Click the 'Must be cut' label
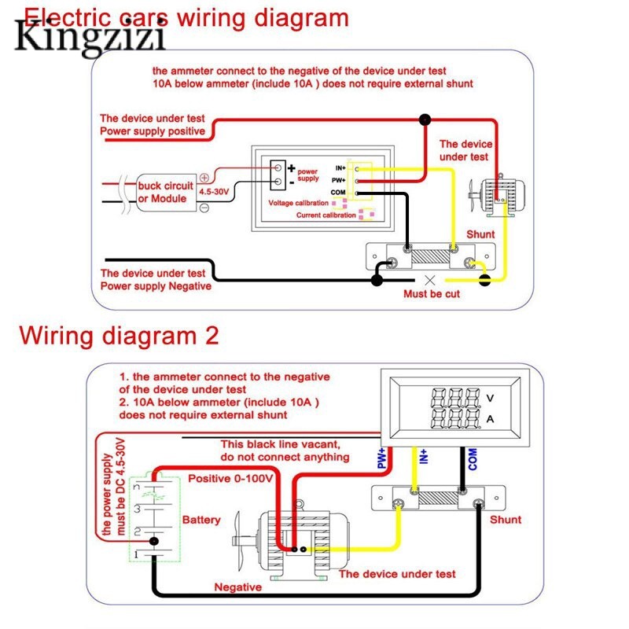tap(432, 294)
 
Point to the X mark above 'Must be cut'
tap(429, 279)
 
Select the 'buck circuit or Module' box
tap(165, 192)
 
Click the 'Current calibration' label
tap(326, 215)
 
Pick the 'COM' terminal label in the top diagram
tap(339, 193)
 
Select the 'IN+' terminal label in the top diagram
tap(340, 168)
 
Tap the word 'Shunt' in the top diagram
tap(480, 235)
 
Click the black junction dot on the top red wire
tap(425, 120)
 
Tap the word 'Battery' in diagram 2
tap(201, 520)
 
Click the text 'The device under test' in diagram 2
tap(397, 574)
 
